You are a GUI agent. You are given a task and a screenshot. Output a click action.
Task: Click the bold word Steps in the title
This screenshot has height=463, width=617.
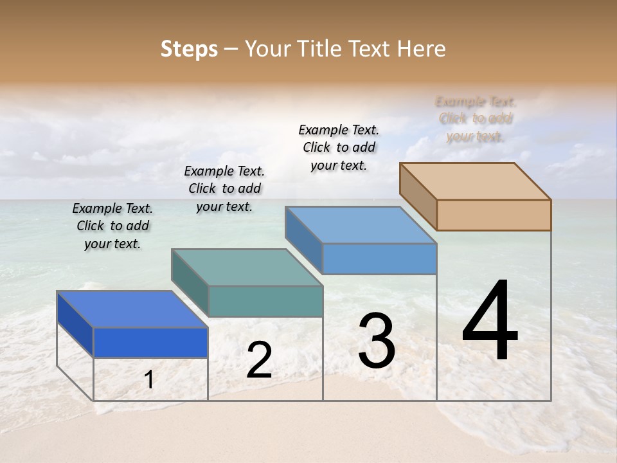coord(189,49)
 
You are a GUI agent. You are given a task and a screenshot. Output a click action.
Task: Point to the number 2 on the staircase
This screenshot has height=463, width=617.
coord(259,361)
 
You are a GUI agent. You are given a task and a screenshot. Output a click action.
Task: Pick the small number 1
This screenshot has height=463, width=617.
coord(149,380)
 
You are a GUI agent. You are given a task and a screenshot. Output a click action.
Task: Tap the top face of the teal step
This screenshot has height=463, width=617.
coord(247,267)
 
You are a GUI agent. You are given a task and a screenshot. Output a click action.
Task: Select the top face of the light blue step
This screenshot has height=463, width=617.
coord(361,224)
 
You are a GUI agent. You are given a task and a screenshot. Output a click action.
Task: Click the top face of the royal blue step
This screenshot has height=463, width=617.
coord(132,309)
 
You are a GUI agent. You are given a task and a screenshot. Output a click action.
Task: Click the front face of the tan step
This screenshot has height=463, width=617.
coord(494,215)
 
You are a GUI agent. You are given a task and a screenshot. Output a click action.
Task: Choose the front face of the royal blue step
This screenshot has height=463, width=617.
coord(150,342)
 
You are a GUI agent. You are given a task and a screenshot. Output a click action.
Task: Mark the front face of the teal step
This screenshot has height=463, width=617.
coord(265,301)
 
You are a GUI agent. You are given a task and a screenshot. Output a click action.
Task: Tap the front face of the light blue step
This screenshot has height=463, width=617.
coord(379,259)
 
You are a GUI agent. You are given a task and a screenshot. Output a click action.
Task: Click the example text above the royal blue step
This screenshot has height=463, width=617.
coord(112,226)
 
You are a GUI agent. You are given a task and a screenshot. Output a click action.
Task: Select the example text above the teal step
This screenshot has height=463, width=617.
coord(224,188)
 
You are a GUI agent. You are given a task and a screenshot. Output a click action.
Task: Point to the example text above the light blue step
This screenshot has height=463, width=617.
coord(339,147)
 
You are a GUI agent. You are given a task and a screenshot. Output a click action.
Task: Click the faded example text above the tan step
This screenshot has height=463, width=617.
coord(476,119)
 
